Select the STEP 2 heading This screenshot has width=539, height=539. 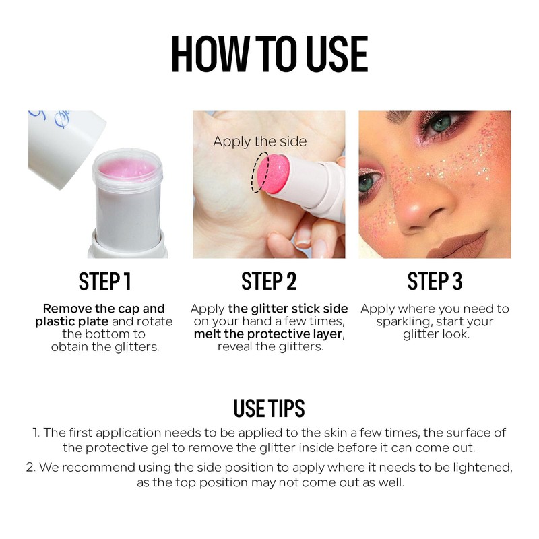[x=269, y=281]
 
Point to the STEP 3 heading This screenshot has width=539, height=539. [x=435, y=281]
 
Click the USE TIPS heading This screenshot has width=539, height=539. [x=269, y=408]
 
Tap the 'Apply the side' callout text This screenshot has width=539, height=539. [x=259, y=141]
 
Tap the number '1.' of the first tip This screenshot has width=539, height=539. [x=36, y=433]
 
